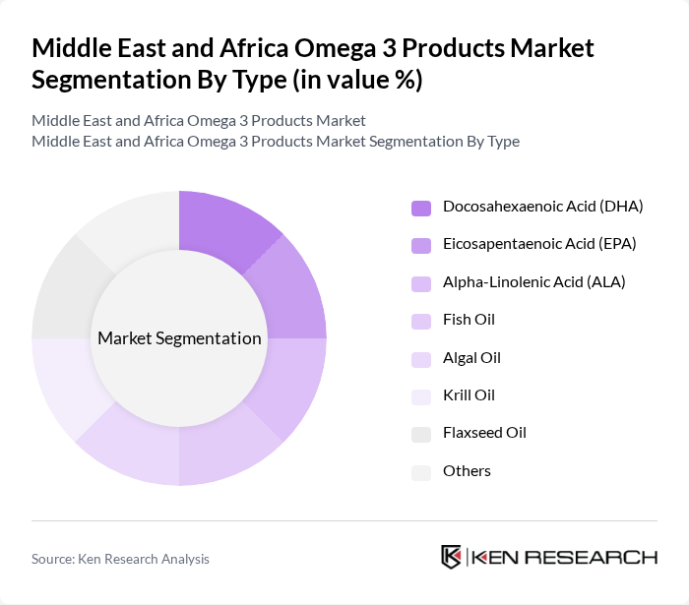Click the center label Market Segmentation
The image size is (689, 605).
point(179,338)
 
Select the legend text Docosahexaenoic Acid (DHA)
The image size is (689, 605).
point(542,207)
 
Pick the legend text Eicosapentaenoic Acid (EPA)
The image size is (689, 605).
point(539,244)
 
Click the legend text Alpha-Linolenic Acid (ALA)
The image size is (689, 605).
point(533,282)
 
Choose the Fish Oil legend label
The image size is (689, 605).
point(469,320)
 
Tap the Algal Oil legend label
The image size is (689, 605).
point(471,357)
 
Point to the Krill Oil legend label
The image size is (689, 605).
point(469,395)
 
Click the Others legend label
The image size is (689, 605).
point(467,470)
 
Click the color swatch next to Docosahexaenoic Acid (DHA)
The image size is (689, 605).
point(421,208)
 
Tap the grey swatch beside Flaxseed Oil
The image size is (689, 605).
point(421,434)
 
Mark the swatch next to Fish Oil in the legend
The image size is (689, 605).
point(421,321)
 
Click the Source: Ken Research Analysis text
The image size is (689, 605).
point(120,559)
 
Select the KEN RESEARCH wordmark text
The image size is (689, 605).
point(565,557)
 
